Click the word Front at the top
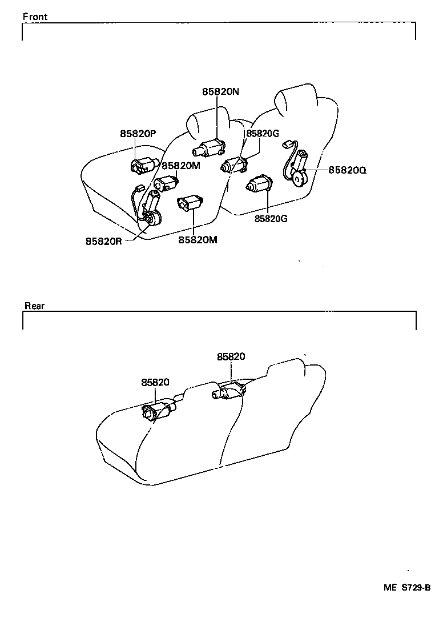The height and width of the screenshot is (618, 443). click(x=35, y=17)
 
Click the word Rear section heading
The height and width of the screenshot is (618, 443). click(x=34, y=306)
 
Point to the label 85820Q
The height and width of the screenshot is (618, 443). click(x=347, y=170)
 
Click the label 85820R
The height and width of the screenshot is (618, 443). click(x=104, y=241)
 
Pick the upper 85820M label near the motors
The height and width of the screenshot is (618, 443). click(x=181, y=166)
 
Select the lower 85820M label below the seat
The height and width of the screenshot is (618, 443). click(x=198, y=240)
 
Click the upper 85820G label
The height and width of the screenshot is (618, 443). click(x=263, y=134)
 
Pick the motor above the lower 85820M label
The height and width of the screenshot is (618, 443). click(x=190, y=203)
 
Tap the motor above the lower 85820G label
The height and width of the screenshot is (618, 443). click(x=260, y=184)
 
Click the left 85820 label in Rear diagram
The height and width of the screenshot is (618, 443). click(x=155, y=383)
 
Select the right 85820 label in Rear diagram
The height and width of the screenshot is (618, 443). click(x=231, y=356)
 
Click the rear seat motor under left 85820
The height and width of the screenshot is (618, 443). click(x=157, y=411)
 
